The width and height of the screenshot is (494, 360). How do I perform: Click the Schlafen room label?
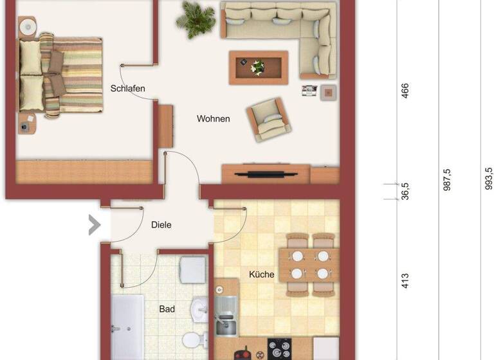pyautogui.click(x=127, y=88)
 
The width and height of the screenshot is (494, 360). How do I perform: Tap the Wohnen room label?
pyautogui.click(x=214, y=119)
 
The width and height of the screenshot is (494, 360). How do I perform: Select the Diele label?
pyautogui.click(x=161, y=225)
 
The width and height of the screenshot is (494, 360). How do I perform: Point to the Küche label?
pyautogui.click(x=262, y=274)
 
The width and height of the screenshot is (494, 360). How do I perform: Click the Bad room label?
pyautogui.click(x=167, y=309)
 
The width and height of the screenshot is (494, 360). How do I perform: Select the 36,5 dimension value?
pyautogui.click(x=405, y=192)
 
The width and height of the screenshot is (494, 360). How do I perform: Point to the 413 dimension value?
pyautogui.click(x=405, y=280)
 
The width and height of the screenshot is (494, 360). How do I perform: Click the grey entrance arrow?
pyautogui.click(x=95, y=224)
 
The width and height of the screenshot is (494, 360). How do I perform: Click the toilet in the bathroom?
pyautogui.click(x=192, y=340)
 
